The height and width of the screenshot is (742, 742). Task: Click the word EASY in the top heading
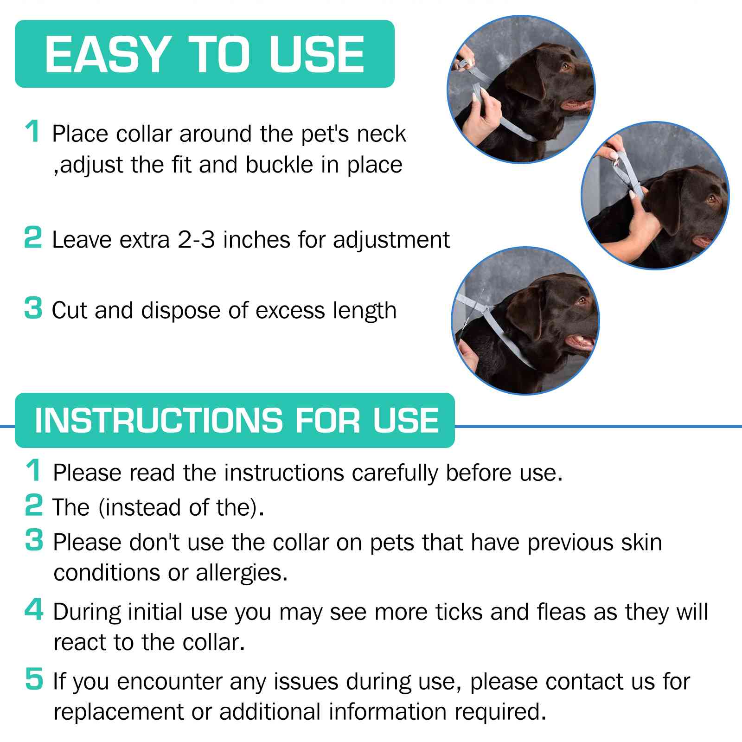[106, 54]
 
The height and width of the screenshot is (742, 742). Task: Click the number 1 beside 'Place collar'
[32, 132]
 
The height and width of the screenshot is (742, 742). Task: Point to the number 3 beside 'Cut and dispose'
[32, 308]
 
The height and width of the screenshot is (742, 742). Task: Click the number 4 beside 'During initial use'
[33, 610]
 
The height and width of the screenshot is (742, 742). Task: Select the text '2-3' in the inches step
[196, 240]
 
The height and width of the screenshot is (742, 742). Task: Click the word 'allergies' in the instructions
[241, 573]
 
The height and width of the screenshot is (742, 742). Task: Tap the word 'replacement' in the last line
[118, 712]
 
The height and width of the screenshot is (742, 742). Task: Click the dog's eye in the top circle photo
[565, 66]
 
